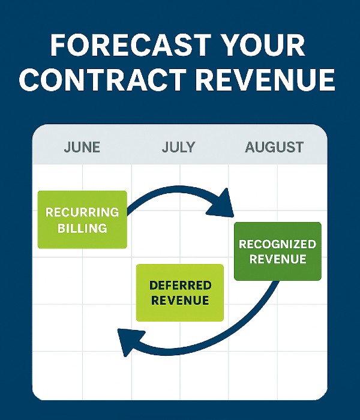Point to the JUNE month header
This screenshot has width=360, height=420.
(82, 147)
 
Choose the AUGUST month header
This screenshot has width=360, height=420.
(274, 147)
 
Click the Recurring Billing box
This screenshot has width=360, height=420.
(82, 220)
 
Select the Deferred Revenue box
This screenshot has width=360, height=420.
(180, 292)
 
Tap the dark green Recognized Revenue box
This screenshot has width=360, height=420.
(277, 251)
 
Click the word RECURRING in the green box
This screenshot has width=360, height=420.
(82, 212)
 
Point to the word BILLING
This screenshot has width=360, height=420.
(82, 228)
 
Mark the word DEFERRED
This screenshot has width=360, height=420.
(180, 285)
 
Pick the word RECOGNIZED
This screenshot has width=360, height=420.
(277, 244)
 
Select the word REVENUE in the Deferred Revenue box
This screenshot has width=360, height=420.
(180, 300)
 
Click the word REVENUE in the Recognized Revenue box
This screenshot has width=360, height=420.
(277, 259)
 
